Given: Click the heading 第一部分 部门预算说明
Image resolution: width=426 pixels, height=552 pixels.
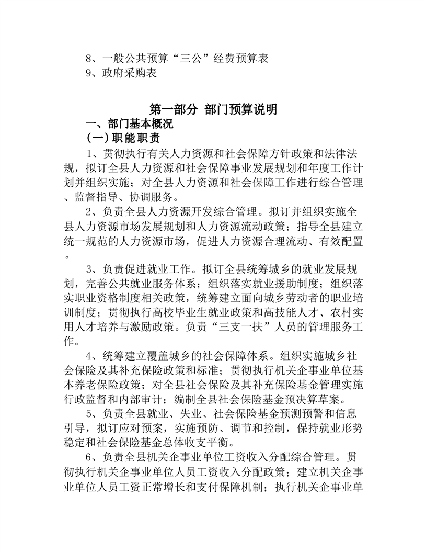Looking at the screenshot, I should [213, 110].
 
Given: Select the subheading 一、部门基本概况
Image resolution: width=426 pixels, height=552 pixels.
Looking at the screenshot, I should [129, 124].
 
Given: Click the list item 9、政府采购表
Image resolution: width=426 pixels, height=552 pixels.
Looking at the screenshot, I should [121, 73].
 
